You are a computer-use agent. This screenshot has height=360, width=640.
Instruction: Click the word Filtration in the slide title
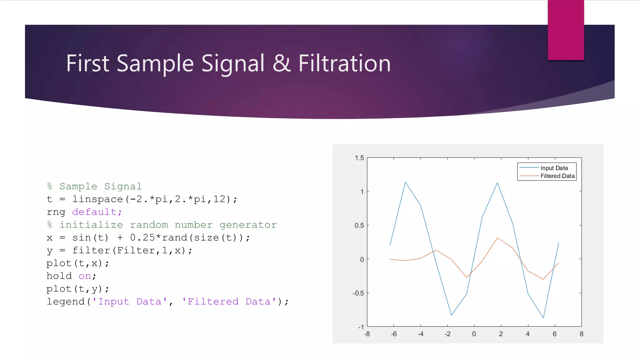tap(344, 63)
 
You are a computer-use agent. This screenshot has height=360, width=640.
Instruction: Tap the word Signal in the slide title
tap(233, 63)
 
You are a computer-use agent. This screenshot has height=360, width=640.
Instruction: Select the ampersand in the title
tap(281, 63)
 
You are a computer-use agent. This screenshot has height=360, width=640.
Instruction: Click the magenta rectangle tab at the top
tap(566, 30)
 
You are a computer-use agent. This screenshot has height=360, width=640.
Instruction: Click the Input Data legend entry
tap(554, 168)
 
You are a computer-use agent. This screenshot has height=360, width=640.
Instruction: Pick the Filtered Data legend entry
tap(557, 176)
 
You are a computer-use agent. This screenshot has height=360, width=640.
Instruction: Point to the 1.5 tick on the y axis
tap(359, 158)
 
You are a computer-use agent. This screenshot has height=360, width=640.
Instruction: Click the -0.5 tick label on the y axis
tap(358, 293)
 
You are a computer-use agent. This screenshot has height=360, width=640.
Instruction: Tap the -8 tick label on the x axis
tap(367, 334)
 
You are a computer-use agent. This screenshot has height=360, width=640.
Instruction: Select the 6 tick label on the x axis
tap(555, 334)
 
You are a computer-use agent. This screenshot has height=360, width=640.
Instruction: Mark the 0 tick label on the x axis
tap(474, 334)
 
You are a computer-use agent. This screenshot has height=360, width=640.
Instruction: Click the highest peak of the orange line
tap(497, 238)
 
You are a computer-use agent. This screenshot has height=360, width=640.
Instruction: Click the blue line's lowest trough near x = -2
tap(451, 315)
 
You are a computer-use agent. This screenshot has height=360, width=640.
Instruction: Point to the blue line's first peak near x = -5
tap(405, 182)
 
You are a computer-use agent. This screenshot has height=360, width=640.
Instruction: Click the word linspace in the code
tap(98, 199)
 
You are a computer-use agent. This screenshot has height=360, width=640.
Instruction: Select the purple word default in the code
tap(94, 212)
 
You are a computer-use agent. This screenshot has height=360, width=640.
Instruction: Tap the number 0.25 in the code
tap(142, 238)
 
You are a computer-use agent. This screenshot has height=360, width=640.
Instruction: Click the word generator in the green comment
tap(248, 225)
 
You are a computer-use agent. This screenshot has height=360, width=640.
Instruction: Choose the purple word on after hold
tap(85, 276)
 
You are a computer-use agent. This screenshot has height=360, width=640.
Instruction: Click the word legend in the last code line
tap(66, 302)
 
